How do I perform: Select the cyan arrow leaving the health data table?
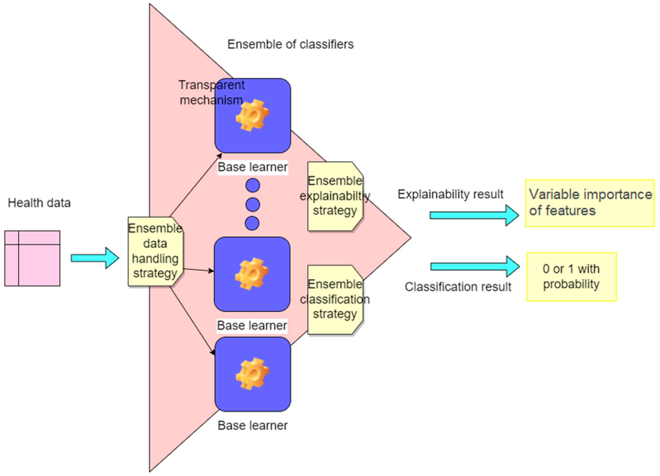click(95, 258)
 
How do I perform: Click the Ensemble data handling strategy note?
click(155, 251)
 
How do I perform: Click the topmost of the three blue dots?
click(253, 185)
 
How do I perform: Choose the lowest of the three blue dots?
click(252, 223)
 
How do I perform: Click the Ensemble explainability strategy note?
click(335, 196)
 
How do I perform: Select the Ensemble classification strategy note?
click(335, 299)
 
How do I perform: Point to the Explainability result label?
click(450, 194)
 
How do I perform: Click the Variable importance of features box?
click(590, 203)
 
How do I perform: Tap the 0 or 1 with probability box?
click(571, 277)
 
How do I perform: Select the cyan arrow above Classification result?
click(475, 266)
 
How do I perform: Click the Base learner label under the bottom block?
click(252, 426)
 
